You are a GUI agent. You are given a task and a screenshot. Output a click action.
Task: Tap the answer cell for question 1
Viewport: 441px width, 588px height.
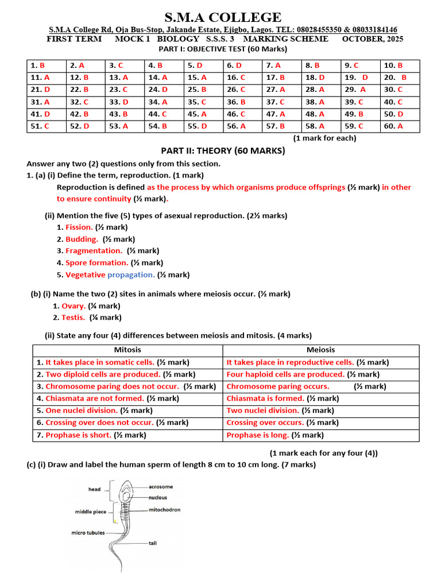pyautogui.click(x=46, y=65)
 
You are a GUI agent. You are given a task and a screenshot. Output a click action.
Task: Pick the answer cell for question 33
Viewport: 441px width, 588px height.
pyautogui.click(x=125, y=102)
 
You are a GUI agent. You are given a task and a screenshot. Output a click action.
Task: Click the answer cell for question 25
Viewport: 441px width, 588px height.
pyautogui.click(x=203, y=90)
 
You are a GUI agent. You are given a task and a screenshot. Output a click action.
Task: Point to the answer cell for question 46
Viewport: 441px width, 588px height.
pyautogui.click(x=242, y=114)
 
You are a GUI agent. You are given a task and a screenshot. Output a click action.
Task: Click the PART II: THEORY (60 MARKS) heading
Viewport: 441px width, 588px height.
pyautogui.click(x=223, y=150)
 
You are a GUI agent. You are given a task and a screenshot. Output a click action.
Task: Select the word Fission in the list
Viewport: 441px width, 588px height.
pyautogui.click(x=79, y=227)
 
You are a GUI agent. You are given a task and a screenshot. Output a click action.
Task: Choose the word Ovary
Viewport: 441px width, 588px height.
pyautogui.click(x=73, y=306)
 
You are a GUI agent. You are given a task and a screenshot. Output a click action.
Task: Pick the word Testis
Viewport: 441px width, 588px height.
pyautogui.click(x=73, y=318)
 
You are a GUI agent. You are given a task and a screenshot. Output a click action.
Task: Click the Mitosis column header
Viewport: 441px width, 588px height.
pyautogui.click(x=127, y=350)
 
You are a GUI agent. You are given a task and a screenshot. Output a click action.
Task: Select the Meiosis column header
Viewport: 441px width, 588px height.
pyautogui.click(x=320, y=350)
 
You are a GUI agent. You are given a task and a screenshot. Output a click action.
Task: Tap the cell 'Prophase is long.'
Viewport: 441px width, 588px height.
pyautogui.click(x=257, y=435)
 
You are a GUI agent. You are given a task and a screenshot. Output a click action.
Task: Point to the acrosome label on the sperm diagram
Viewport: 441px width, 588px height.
pyautogui.click(x=160, y=486)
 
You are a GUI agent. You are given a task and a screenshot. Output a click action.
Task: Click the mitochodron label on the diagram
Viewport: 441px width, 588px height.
pyautogui.click(x=164, y=509)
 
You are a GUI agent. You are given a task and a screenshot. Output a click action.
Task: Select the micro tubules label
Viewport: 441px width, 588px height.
pyautogui.click(x=88, y=532)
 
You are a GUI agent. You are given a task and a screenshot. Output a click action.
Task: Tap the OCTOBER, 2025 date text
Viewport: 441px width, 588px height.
pyautogui.click(x=372, y=39)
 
